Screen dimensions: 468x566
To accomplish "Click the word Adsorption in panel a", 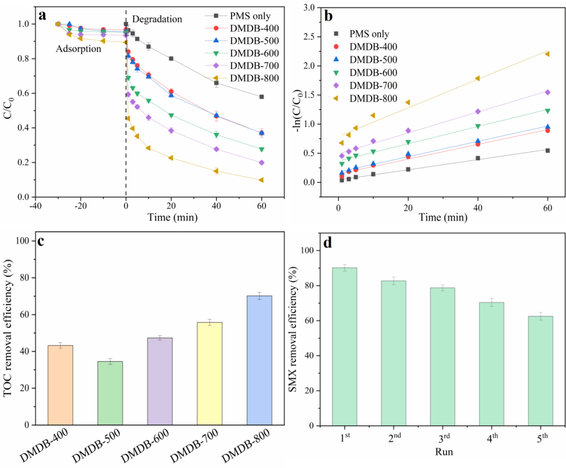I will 78,49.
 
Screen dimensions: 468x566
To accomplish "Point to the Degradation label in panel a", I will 157,19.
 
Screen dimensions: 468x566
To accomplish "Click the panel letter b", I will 329,16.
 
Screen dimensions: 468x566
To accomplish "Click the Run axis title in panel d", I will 442,450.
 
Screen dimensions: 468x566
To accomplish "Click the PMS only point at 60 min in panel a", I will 261,97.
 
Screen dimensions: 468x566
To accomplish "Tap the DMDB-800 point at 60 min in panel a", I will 261,180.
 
